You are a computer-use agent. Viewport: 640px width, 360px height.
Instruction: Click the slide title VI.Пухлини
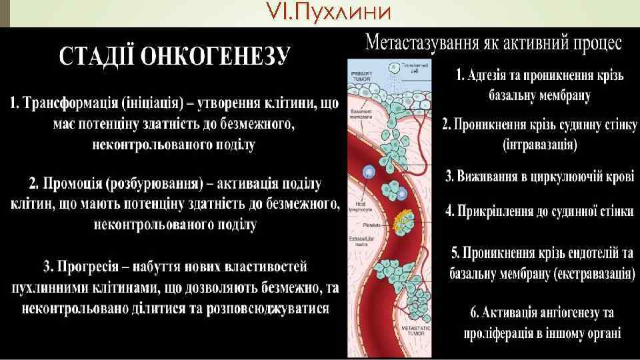319,11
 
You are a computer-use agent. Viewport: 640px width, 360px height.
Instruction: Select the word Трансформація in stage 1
71,104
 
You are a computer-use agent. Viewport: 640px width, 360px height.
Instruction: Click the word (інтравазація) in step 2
540,144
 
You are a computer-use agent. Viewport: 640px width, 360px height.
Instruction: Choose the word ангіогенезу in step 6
559,313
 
